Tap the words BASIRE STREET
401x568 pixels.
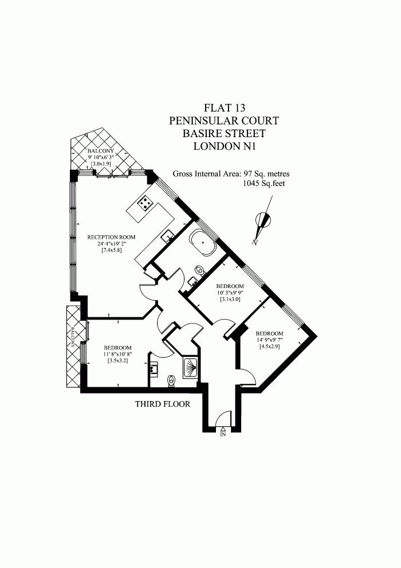click(x=225, y=133)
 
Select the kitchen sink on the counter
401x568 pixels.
click(x=168, y=235)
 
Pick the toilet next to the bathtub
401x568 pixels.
click(x=200, y=269)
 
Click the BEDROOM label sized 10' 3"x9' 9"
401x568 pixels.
click(x=230, y=286)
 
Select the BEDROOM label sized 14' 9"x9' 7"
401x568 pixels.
click(x=269, y=334)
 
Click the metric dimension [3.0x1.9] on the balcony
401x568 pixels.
click(x=101, y=164)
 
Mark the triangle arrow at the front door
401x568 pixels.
click(x=223, y=429)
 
